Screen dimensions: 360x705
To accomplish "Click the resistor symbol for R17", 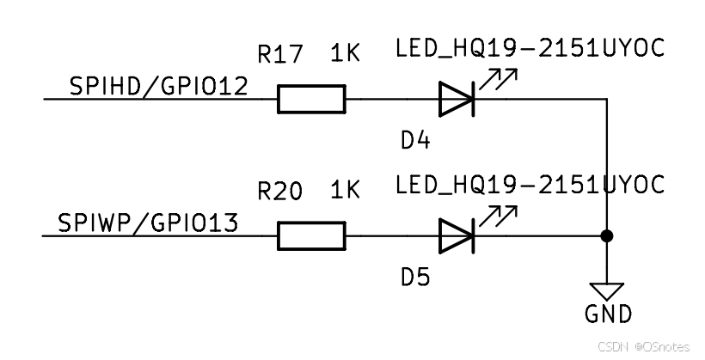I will (311, 99).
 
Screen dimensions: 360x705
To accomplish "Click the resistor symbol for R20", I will (311, 236).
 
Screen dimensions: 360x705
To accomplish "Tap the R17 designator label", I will (280, 55).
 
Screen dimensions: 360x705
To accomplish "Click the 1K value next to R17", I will (345, 55).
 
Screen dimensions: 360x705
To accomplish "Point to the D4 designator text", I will (415, 140).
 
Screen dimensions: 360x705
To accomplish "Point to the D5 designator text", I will (415, 278).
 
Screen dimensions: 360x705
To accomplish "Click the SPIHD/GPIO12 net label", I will (159, 86).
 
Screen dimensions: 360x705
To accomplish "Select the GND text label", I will (608, 314).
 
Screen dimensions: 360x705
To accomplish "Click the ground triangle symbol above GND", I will (608, 290).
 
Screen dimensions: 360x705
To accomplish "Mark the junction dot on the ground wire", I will (608, 236).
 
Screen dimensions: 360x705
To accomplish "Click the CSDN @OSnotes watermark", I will (644, 346).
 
